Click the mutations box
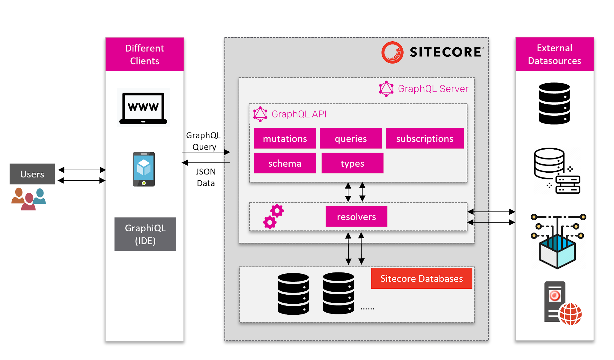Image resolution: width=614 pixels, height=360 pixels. coord(285,138)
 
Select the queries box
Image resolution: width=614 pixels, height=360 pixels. coord(350,138)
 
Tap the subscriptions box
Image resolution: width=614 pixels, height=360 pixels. coord(424,138)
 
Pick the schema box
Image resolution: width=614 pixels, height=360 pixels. coord(285,163)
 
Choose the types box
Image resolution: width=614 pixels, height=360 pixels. coord(352,163)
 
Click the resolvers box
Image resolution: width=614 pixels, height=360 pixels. coord(356,216)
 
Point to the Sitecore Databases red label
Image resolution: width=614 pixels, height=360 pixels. coord(421,278)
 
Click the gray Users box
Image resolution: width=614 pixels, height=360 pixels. coord(32,174)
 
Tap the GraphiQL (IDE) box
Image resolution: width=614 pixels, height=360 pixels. coord(145,234)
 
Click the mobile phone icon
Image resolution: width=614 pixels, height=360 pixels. coord(144,169)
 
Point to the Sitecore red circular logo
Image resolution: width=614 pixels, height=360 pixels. coord(392,52)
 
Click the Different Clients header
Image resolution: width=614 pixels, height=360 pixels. coord(145,54)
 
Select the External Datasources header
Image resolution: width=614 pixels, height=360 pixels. coord(554,54)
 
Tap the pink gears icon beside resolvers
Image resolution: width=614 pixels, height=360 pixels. coord(273,217)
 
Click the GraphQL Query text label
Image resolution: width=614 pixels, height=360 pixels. coord(204,141)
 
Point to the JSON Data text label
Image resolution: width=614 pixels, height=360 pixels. coord(206,177)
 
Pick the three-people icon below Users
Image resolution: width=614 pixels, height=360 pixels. coord(28,199)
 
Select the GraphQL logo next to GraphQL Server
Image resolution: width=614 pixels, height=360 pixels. coord(386,89)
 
